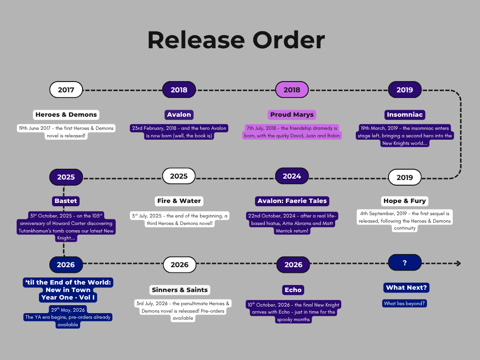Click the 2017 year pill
[66, 90]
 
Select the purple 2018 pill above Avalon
[179, 90]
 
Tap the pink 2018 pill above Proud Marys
[292, 90]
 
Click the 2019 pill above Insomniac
[405, 90]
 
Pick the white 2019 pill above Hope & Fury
[405, 177]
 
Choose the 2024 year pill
[292, 176]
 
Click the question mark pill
[405, 263]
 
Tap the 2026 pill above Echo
[293, 265]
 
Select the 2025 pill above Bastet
[66, 177]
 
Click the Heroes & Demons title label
[66, 114]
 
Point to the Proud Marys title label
[292, 114]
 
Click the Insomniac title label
[405, 114]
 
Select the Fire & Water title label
[179, 201]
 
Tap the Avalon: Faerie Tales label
[292, 201]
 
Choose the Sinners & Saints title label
[180, 290]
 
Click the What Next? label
[406, 287]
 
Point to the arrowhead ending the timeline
[458, 263]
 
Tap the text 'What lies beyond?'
[405, 303]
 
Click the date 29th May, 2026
[68, 310]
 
